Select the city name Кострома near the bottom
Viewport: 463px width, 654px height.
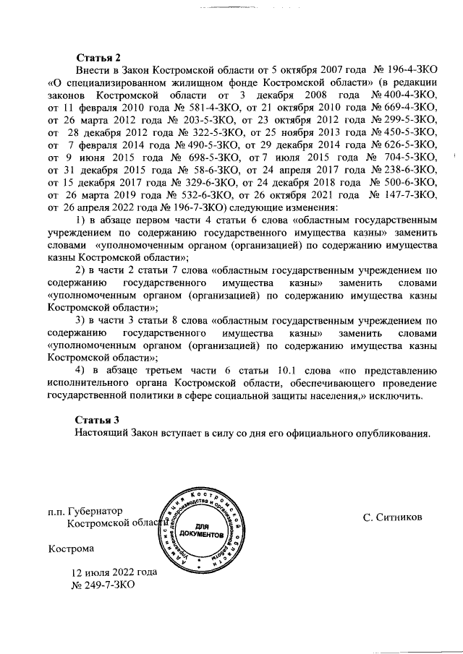[72, 548]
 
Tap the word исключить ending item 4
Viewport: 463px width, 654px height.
[391, 397]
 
